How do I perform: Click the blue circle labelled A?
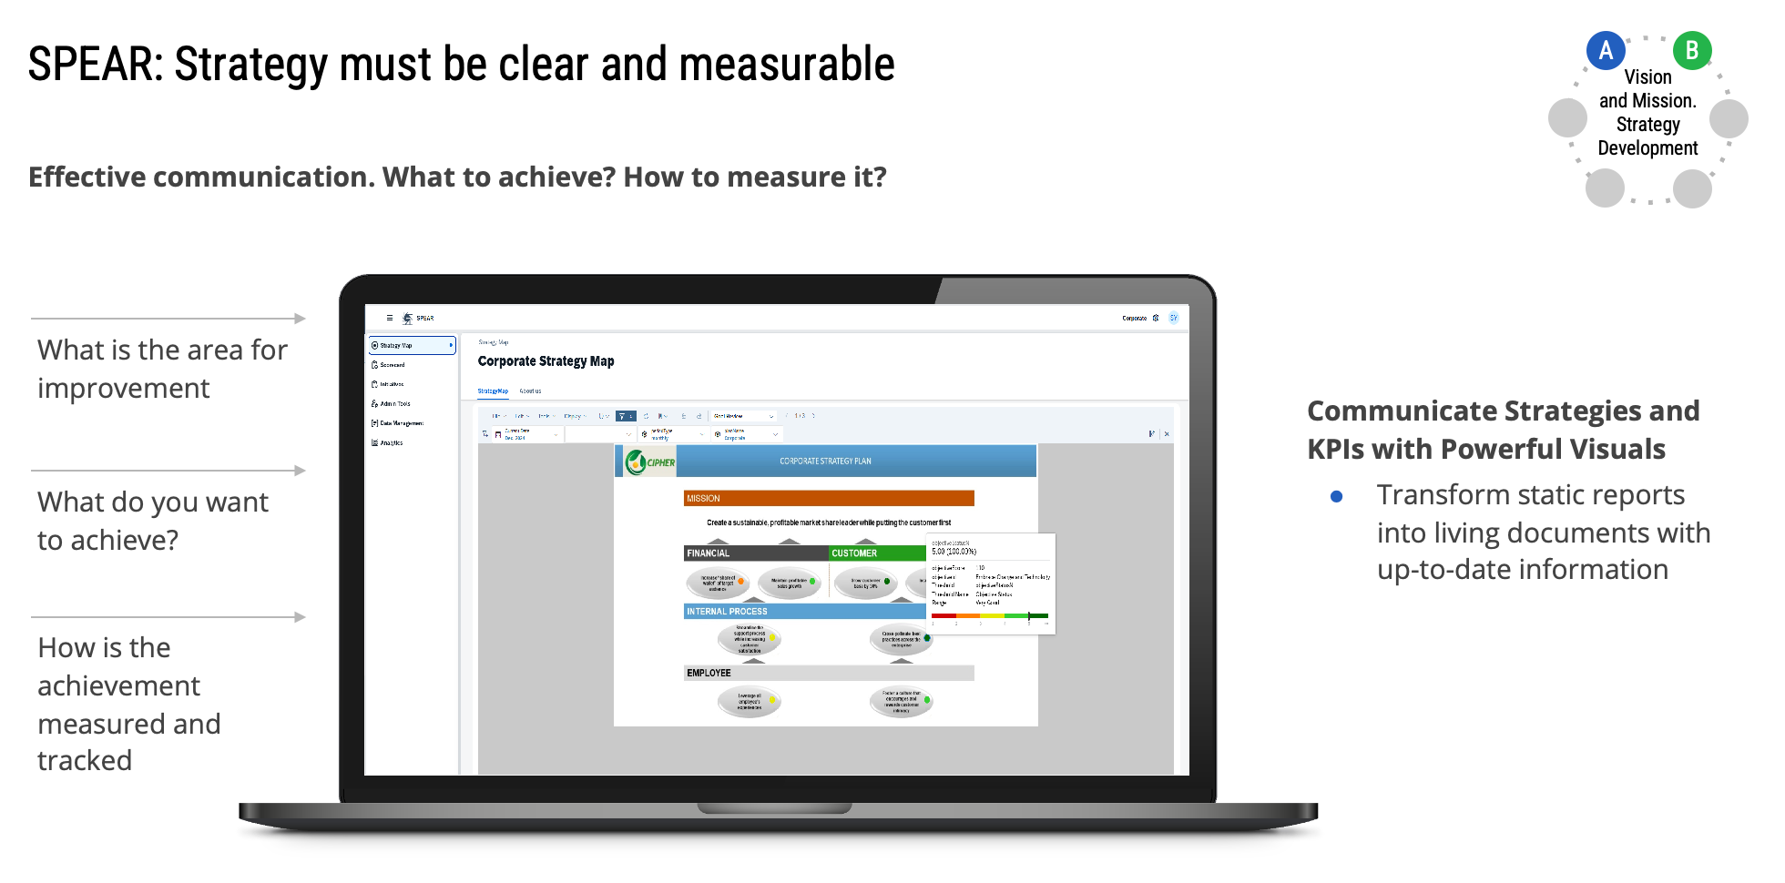pos(1606,51)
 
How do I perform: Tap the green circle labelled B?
pos(1692,51)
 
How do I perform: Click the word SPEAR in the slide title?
pos(95,65)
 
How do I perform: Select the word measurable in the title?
pos(787,65)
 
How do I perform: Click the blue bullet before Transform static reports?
pos(1336,496)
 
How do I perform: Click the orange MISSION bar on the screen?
pos(829,498)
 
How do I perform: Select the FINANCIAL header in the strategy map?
pos(709,553)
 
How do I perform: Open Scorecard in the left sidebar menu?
pos(393,365)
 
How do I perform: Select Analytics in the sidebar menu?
pos(392,443)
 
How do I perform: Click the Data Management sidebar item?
pos(402,423)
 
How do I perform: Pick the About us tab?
pos(530,391)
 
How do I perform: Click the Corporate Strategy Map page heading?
pos(546,361)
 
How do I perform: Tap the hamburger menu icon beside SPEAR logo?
pos(390,318)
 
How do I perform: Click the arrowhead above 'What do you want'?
pos(300,471)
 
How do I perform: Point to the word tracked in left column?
pos(85,760)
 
